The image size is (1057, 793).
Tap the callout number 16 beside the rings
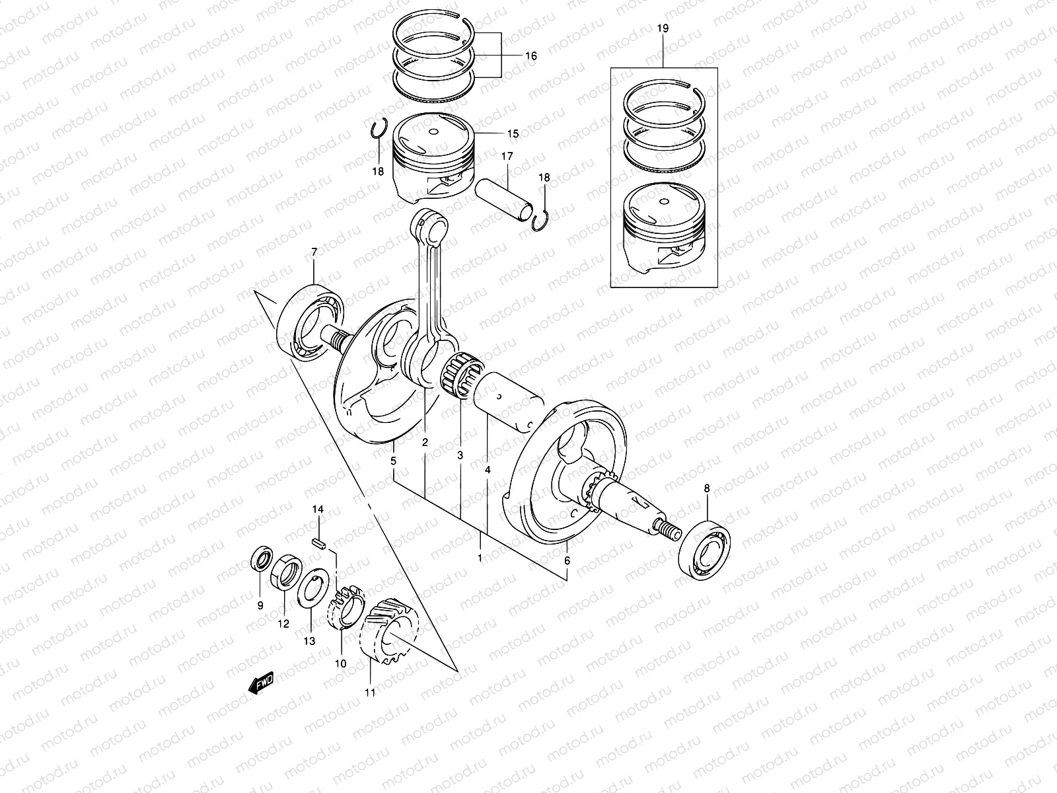530,57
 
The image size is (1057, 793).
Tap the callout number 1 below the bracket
480,558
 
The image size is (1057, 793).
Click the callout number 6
567,560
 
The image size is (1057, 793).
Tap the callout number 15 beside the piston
513,133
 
